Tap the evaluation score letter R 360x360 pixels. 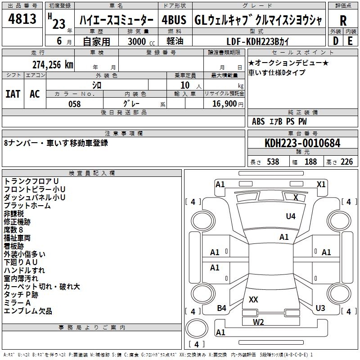point(343,21)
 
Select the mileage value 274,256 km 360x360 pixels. point(52,64)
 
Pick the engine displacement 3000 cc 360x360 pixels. point(139,41)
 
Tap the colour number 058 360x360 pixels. point(75,104)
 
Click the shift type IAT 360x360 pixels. point(13,94)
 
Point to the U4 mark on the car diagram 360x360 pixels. point(291,216)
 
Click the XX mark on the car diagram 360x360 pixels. point(253,299)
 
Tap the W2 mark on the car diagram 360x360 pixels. point(258,322)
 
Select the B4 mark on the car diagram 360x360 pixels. point(221,308)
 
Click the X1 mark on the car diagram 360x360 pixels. point(321,184)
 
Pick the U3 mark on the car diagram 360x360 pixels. point(320,308)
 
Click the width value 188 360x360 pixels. point(311,162)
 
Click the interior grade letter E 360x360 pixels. point(350,41)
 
